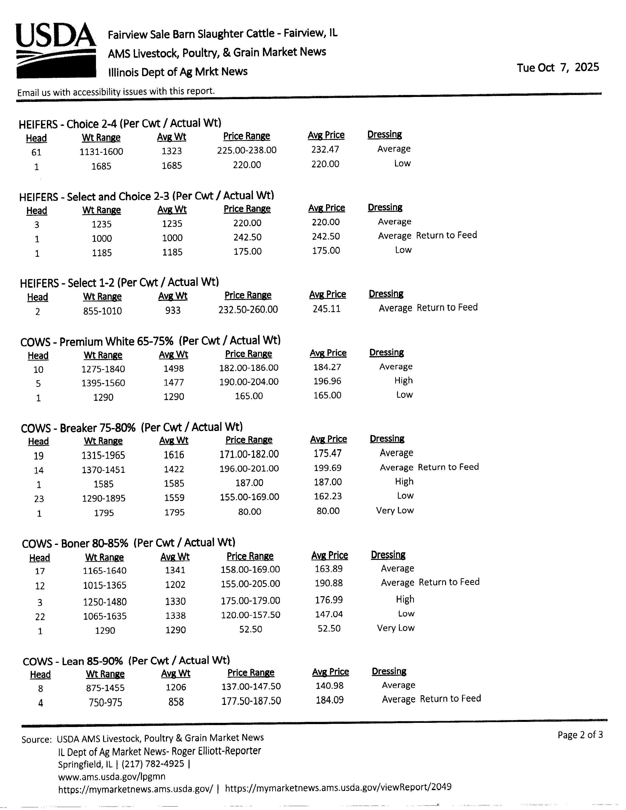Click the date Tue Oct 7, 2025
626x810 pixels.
pos(558,67)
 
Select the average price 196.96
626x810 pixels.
pos(327,381)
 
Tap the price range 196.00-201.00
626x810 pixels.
pos(249,468)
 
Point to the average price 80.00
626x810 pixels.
pos(328,511)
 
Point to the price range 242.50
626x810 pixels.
pos(247,237)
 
